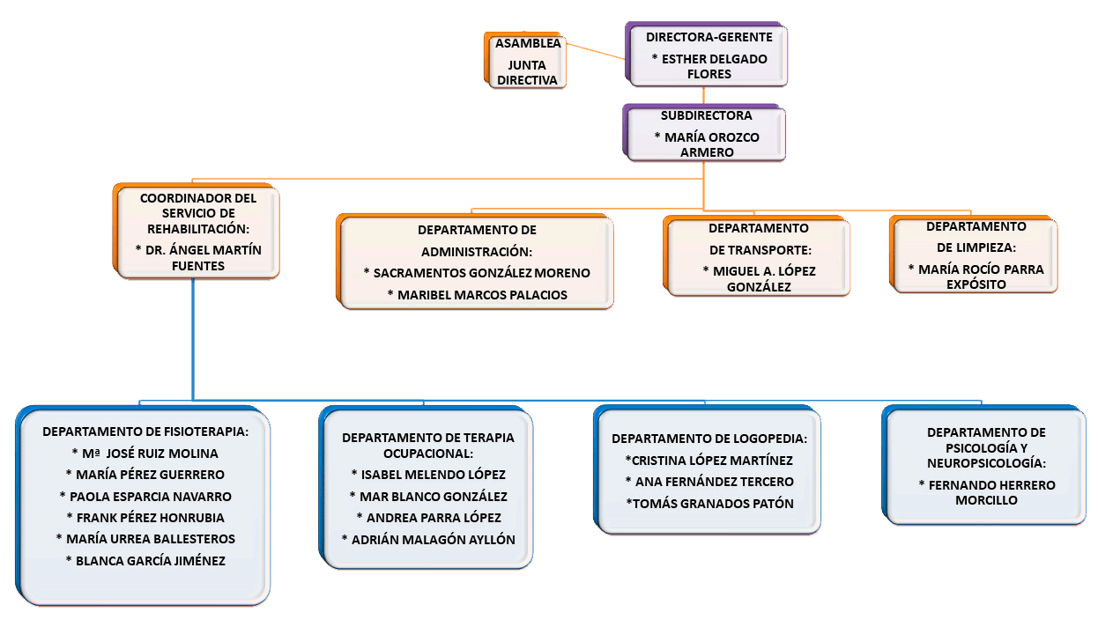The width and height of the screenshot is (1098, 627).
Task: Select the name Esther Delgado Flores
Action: coord(709,67)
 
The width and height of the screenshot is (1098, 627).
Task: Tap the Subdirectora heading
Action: coord(706,115)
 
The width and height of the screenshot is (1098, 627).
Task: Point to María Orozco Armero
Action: coord(706,144)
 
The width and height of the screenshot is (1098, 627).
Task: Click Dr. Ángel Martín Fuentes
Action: coord(198,257)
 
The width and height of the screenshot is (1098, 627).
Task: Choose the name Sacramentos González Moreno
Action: coord(477,273)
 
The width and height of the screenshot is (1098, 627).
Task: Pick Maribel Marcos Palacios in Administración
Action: coord(477,294)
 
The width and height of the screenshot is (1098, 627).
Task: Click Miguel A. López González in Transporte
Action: coord(759,278)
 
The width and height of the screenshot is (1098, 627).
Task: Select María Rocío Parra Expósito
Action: coord(976,277)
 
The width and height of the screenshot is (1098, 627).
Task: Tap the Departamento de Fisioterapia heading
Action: coord(145,432)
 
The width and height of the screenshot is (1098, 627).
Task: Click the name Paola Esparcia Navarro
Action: coord(145,496)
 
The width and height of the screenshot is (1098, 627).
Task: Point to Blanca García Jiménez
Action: coord(145,560)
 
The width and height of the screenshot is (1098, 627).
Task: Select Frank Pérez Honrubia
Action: coord(145,517)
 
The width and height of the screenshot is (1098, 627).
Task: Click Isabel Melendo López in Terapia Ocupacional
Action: coord(428,475)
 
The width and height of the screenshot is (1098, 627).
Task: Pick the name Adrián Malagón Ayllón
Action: coord(428,539)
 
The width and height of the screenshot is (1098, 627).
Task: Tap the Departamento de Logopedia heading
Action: coord(709,439)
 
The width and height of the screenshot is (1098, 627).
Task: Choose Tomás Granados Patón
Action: coord(709,503)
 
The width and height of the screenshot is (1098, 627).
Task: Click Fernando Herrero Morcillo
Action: coord(986,492)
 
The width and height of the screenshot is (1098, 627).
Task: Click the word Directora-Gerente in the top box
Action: coord(709,38)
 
